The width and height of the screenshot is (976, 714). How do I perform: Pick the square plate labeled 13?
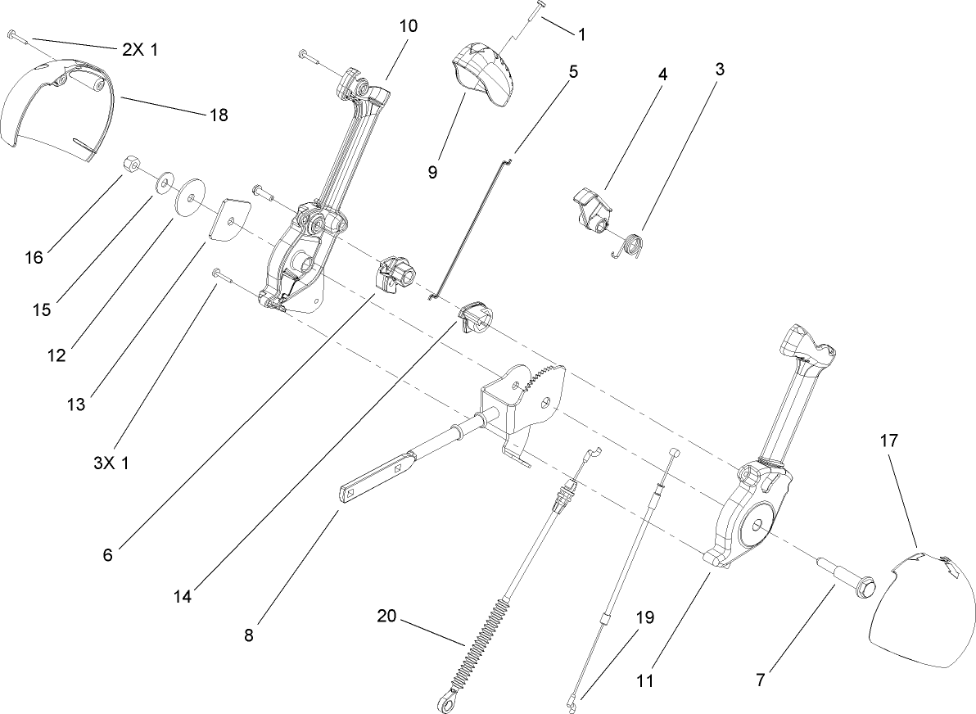click(x=229, y=219)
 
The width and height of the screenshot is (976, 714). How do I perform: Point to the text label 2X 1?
click(x=140, y=49)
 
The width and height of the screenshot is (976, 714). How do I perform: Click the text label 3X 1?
click(x=111, y=463)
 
